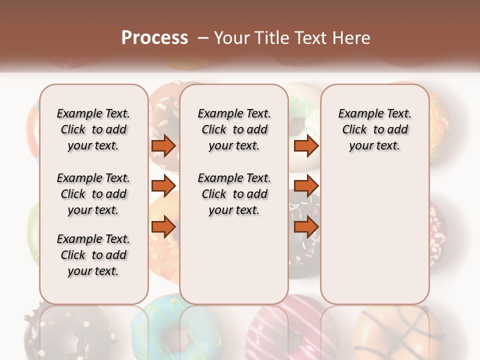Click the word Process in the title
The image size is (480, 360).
154,38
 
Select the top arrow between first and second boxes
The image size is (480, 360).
163,146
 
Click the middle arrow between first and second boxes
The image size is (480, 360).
163,186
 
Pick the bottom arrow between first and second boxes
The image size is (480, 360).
163,227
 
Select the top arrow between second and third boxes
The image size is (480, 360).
306,146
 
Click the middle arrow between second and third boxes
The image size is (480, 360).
306,186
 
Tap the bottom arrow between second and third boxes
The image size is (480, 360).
306,227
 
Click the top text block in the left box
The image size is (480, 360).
93,129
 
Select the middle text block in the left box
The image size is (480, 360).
93,194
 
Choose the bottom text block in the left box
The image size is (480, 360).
93,255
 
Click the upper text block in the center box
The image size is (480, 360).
234,129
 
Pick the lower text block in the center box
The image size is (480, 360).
234,194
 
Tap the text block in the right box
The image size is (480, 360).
374,129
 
